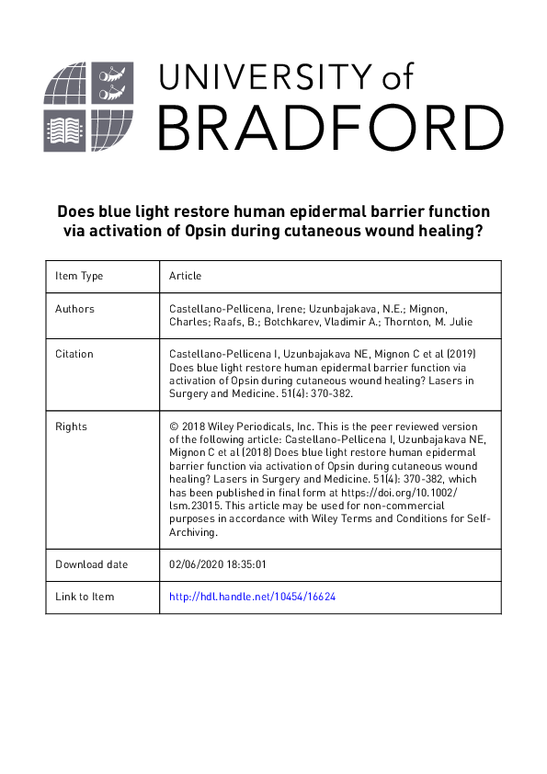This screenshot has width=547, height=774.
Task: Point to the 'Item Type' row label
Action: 79,276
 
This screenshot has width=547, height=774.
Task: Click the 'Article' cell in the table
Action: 185,276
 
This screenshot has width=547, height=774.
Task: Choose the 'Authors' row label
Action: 74,309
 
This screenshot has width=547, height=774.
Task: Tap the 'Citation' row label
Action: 74,354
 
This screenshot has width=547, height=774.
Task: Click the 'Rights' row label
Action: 71,427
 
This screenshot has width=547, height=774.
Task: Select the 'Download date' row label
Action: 91,564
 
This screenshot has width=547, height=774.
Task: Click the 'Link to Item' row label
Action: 85,597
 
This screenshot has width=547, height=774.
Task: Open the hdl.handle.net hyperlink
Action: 253,597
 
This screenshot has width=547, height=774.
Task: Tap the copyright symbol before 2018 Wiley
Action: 174,427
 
